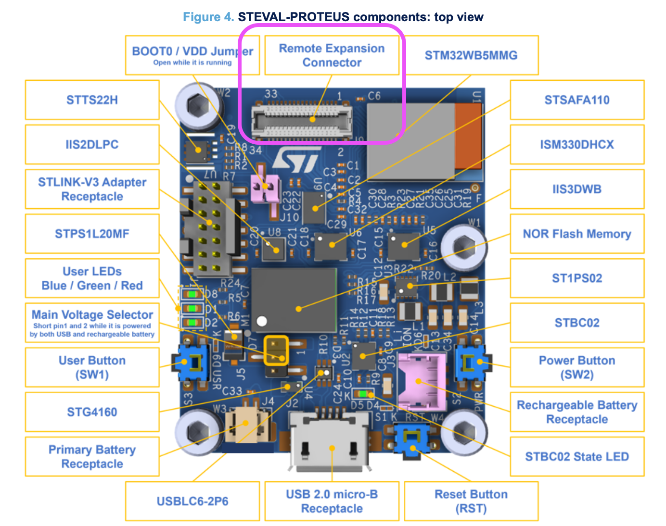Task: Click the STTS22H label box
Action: (x=92, y=100)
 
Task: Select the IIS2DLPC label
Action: (x=92, y=145)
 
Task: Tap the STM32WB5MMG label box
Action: (x=471, y=55)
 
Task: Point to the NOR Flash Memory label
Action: (x=576, y=234)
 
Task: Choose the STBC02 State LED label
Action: (x=576, y=457)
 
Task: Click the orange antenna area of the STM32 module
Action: (x=468, y=136)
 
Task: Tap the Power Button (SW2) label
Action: (x=576, y=367)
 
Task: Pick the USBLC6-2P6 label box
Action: (x=192, y=501)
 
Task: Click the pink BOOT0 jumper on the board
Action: (x=265, y=188)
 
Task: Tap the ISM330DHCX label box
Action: (x=576, y=145)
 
